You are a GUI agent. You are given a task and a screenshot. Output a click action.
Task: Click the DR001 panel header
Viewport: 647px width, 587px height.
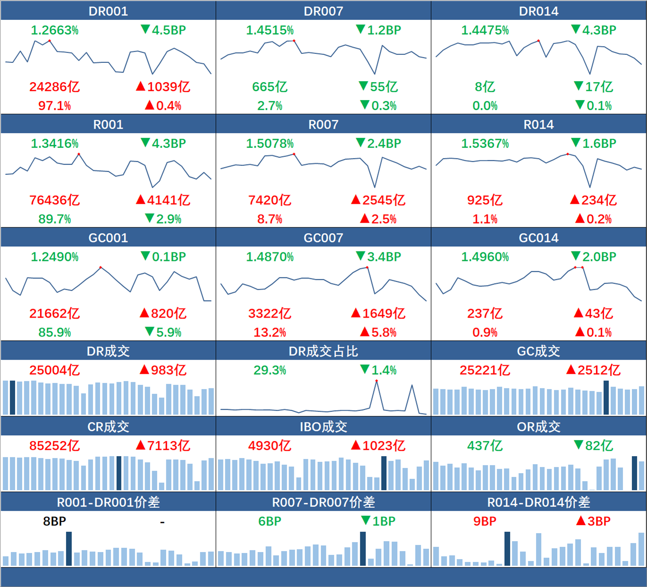tap(108, 11)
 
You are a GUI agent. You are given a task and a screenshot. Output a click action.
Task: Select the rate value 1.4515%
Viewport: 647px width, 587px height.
tap(270, 30)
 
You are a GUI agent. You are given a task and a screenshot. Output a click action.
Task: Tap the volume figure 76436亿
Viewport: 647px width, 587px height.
tap(54, 200)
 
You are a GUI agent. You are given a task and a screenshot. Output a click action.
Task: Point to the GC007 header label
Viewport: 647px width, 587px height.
tap(323, 238)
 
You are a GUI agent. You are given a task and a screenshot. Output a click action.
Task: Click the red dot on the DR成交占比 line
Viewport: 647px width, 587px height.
tap(376, 381)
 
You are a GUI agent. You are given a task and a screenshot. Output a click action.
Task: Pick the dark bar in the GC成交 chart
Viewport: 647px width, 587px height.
tap(606, 397)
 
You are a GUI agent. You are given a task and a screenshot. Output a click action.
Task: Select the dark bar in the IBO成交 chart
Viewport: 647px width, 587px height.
tap(384, 473)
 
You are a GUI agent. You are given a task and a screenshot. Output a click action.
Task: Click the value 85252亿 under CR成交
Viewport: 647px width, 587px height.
tap(54, 446)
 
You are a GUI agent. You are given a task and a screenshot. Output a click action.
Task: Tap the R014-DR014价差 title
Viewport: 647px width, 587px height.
tap(538, 502)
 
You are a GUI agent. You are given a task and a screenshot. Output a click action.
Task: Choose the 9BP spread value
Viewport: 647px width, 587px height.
tap(485, 521)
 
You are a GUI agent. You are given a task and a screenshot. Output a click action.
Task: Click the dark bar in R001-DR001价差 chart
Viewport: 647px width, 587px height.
tap(69, 549)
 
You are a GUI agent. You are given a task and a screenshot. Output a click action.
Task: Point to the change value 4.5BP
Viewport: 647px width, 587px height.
tap(169, 30)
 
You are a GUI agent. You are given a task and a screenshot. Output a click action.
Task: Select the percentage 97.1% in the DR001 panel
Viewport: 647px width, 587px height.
tap(54, 106)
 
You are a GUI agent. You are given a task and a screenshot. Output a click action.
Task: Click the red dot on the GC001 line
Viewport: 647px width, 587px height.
tap(101, 268)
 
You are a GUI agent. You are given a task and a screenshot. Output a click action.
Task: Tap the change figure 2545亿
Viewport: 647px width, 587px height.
tap(383, 200)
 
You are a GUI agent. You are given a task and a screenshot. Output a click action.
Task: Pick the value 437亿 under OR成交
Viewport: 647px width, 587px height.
tap(485, 446)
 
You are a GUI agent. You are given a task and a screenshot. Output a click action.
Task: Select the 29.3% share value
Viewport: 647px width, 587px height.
tap(270, 370)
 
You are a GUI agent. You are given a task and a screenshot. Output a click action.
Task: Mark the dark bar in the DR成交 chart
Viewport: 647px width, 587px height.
tap(13, 397)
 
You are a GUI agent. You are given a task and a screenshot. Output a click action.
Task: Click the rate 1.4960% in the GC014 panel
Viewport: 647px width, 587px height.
tap(485, 257)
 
